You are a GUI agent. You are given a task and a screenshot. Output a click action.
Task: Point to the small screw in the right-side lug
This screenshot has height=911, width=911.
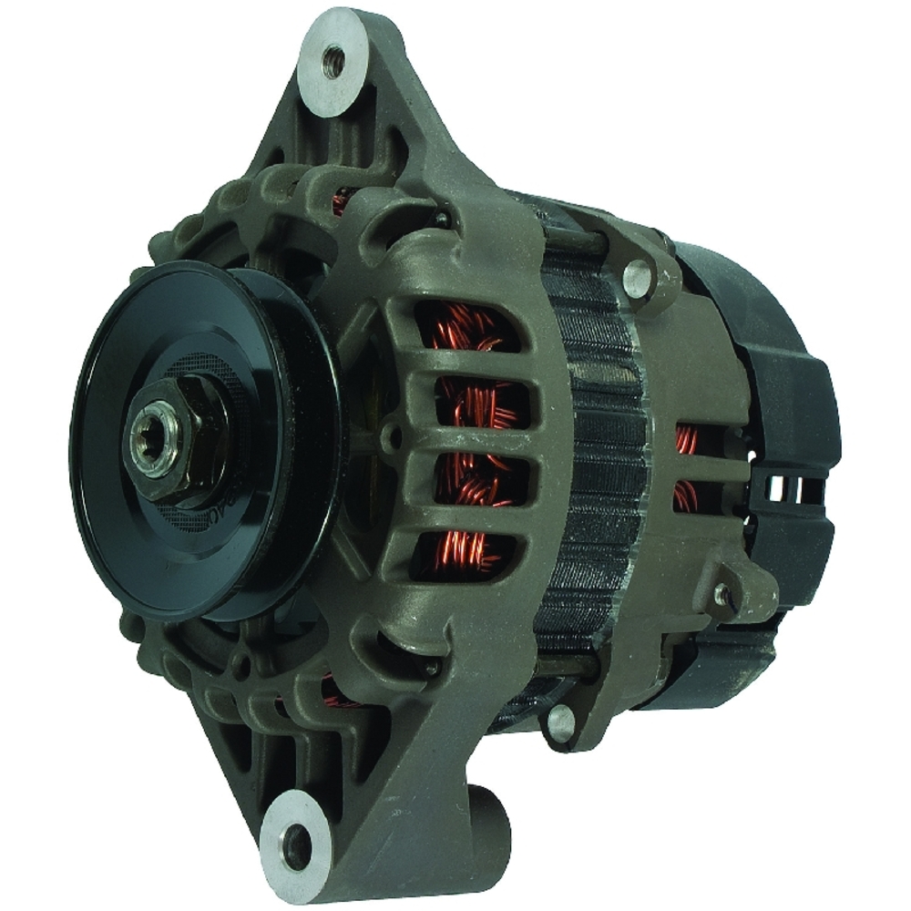tap(722, 594)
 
